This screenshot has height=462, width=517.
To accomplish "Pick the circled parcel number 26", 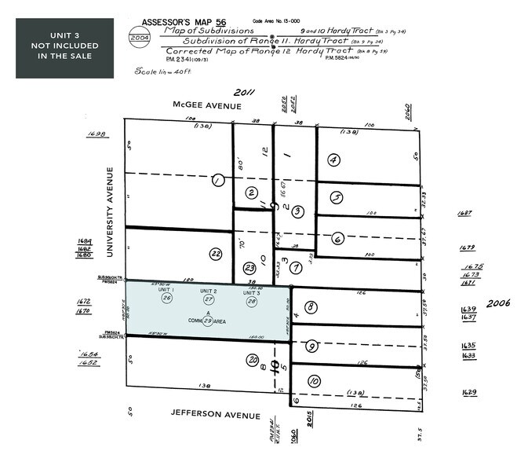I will click(x=166, y=299).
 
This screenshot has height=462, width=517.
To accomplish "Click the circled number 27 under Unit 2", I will click(x=209, y=299).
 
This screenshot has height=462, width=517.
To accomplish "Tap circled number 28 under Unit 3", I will click(x=251, y=299).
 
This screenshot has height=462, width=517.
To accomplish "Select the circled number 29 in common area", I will click(x=208, y=321).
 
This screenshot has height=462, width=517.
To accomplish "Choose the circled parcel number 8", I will click(x=311, y=307).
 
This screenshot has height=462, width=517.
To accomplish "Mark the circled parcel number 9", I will click(x=311, y=346).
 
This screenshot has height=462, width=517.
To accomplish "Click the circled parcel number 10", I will click(x=314, y=381).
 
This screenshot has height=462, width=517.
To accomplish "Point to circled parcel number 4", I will click(x=334, y=160).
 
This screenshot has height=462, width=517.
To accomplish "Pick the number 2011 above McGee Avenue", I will click(x=246, y=92).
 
